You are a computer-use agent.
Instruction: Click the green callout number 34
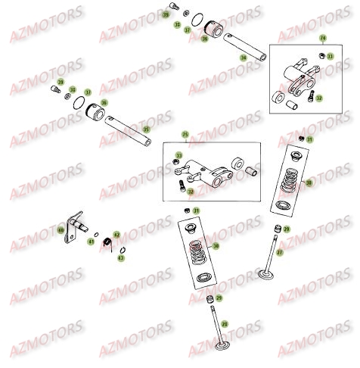243,58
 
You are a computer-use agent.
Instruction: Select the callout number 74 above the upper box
322,37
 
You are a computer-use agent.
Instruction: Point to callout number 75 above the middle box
184,135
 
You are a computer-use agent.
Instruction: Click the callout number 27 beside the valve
279,252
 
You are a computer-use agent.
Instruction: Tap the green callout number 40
61,229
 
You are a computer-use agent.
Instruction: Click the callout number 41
89,242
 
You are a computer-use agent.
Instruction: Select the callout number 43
122,258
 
